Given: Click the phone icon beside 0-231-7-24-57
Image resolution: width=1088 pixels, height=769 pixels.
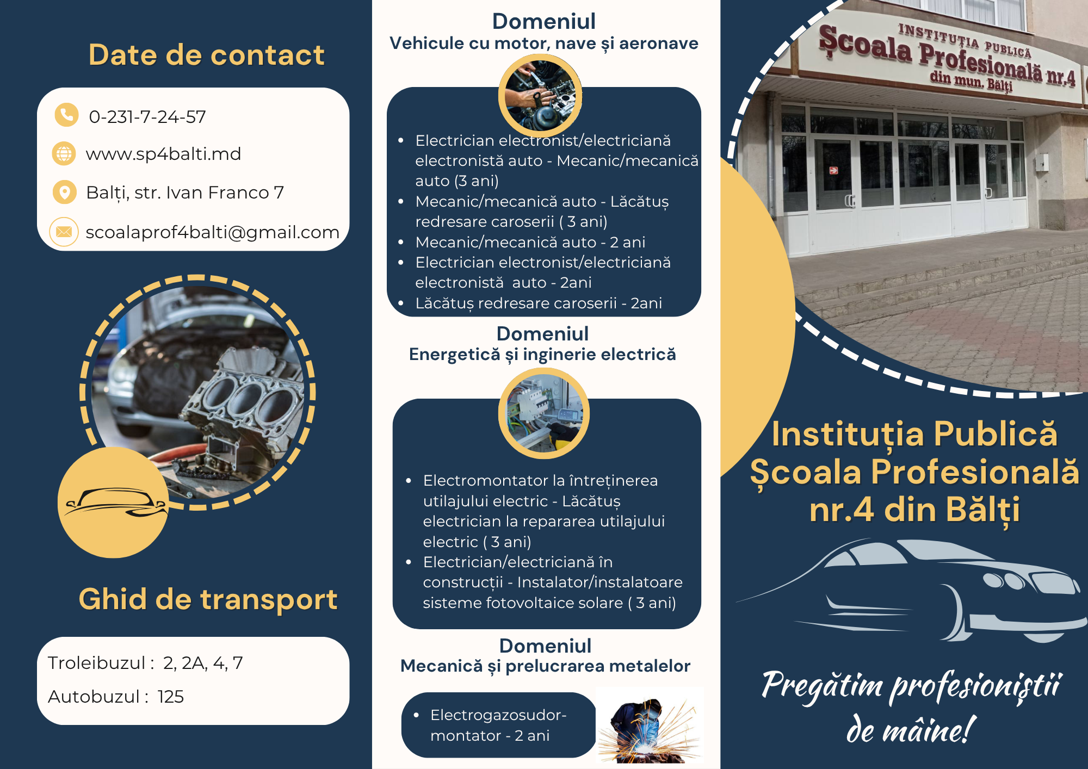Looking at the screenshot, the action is click(x=66, y=115).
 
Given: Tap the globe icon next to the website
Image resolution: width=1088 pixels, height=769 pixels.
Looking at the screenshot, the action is click(x=64, y=154).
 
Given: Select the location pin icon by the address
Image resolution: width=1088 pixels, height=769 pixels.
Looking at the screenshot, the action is click(x=65, y=193).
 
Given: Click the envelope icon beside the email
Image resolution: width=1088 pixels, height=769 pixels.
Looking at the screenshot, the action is click(x=64, y=232).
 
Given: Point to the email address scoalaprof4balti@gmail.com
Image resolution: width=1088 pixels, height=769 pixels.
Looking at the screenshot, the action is click(x=212, y=232).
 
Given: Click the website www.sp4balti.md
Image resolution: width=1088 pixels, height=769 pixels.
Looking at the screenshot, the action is click(x=163, y=154).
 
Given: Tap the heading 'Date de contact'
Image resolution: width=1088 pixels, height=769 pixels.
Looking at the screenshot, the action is click(x=206, y=55).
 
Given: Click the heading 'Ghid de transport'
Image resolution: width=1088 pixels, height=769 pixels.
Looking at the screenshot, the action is click(x=208, y=600).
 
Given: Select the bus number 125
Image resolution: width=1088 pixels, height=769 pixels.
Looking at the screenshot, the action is click(x=171, y=697).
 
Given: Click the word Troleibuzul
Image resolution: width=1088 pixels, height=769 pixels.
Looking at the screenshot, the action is click(x=97, y=663).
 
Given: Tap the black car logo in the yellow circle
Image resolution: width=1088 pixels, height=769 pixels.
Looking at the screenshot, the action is click(x=115, y=502).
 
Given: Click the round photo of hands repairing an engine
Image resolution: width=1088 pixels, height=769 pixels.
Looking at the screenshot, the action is click(x=540, y=96).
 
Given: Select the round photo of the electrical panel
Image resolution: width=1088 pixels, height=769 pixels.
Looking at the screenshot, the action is click(x=544, y=413).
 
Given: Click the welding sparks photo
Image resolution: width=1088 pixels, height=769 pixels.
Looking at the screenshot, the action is click(x=650, y=725).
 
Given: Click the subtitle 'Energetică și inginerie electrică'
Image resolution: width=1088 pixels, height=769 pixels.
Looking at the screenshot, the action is click(x=542, y=355).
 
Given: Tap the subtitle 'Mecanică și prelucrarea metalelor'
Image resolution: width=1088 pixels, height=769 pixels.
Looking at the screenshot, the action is click(x=545, y=666).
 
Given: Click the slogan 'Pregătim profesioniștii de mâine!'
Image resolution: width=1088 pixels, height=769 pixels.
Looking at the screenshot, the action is click(x=911, y=707).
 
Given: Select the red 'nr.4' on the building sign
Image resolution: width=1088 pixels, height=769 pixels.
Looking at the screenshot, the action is click(x=1061, y=78).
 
